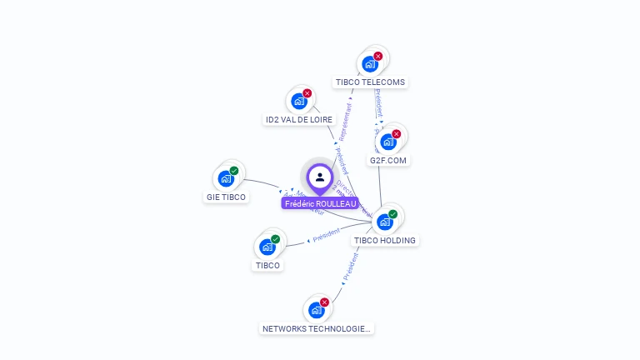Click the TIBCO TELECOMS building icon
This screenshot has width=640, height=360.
tap(370, 64)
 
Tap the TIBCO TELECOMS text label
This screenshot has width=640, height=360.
tap(370, 82)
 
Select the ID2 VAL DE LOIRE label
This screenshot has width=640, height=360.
tap(299, 120)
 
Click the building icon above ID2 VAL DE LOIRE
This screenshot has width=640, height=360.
tap(299, 102)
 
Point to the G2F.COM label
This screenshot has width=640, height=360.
tap(389, 160)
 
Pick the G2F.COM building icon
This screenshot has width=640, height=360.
tap(388, 142)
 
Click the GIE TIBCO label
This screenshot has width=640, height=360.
tap(226, 197)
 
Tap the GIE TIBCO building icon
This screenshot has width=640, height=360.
tap(226, 178)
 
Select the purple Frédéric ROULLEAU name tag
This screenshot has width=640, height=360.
tap(320, 203)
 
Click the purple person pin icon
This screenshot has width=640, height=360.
tap(320, 177)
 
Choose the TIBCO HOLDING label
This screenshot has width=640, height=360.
tap(385, 240)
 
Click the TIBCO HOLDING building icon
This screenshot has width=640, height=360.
tap(385, 222)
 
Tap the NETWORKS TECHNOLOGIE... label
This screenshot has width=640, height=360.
tap(317, 329)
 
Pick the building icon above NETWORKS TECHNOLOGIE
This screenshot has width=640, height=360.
tap(317, 310)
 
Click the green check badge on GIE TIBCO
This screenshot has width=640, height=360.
tap(234, 171)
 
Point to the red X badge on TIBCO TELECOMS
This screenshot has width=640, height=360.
tap(378, 57)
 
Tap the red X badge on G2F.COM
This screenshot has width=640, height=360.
tap(397, 134)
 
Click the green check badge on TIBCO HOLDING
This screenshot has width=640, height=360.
tap(393, 214)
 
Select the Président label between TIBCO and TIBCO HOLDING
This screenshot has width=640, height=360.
tap(327, 236)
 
